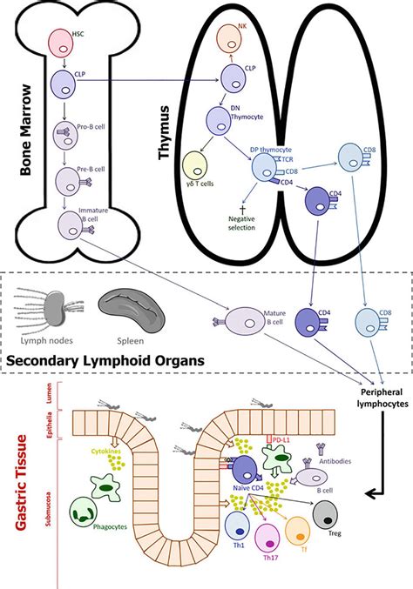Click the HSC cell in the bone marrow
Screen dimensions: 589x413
coord(63,41)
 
